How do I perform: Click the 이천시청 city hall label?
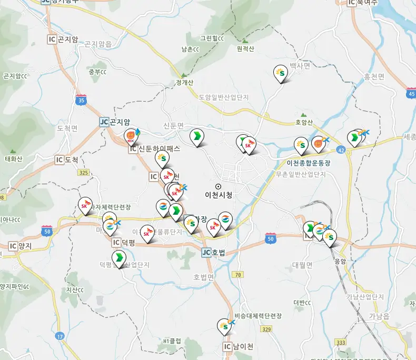click(219, 195)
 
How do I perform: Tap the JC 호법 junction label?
click(213, 253)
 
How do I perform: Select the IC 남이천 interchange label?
click(238, 347)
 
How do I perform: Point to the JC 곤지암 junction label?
click(115, 122)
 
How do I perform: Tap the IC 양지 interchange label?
click(21, 246)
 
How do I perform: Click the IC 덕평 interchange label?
click(124, 243)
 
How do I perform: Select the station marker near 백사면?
click(281, 74)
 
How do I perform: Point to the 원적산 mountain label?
click(245, 49)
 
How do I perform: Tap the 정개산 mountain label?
click(185, 83)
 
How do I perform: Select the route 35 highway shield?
click(81, 100)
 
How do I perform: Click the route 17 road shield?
click(60, 336)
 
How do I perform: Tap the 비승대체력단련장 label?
click(258, 316)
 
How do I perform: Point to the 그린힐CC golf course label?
click(212, 38)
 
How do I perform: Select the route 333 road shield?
click(341, 342)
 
